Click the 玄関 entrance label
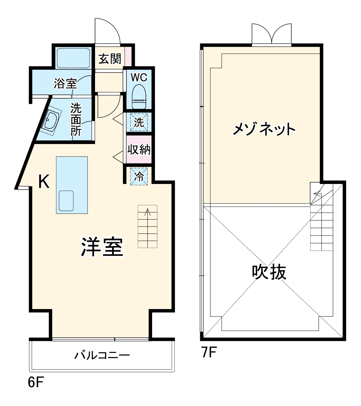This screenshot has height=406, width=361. coord(109,59)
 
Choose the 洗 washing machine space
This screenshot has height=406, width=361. coord(139,122)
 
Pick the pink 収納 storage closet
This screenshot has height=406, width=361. coord(139,150)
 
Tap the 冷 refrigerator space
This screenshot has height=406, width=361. coord(139,176)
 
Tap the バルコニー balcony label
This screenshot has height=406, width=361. coord(102,355)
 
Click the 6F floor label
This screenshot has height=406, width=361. coord(36,382)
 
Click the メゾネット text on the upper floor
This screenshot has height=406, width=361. coord(264,130)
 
